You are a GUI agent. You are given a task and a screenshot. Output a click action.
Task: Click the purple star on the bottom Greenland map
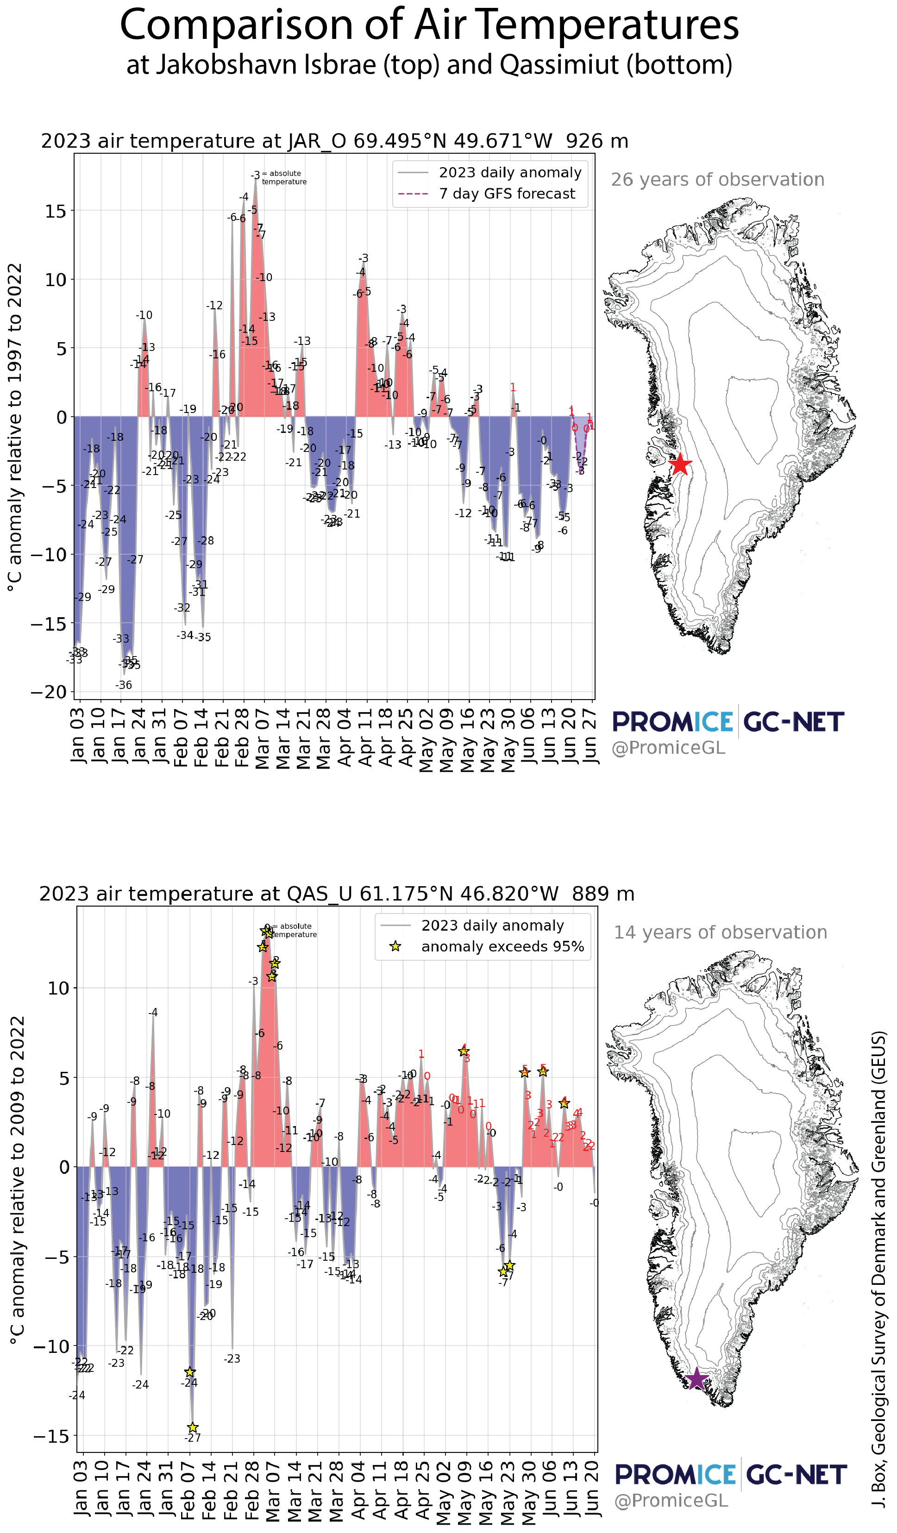696,1379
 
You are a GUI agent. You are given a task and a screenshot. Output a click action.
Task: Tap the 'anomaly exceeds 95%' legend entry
502,946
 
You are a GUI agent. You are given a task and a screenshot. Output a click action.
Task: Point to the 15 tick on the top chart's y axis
56,211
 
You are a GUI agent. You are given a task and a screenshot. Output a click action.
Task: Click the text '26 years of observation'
717,180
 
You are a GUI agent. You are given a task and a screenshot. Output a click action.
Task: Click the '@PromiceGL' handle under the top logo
668,748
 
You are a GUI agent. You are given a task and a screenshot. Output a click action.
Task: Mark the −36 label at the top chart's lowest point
124,685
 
